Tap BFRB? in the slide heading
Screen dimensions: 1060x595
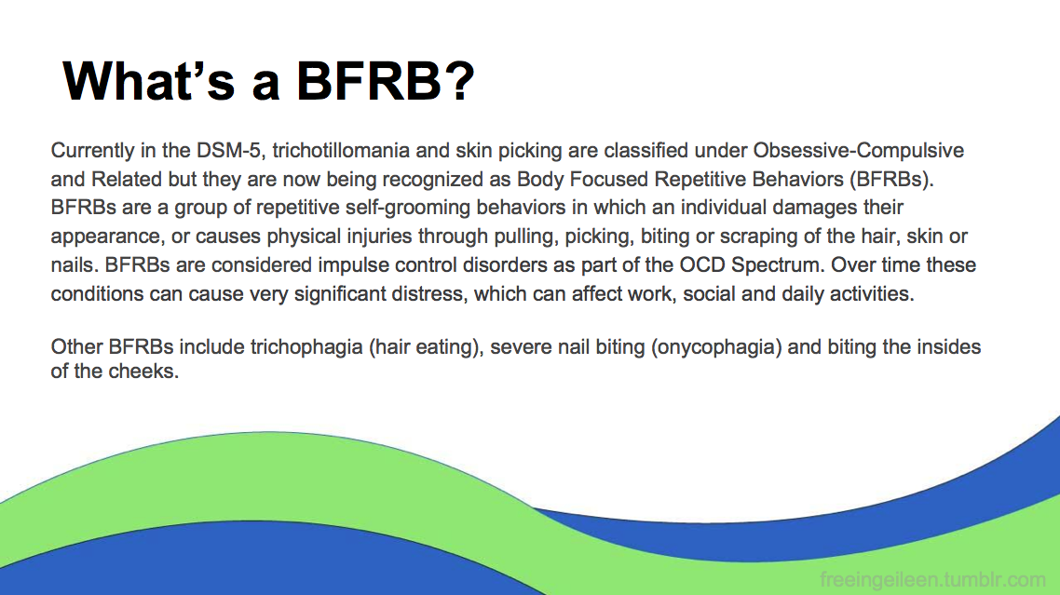pos(386,81)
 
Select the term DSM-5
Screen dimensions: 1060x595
pos(228,150)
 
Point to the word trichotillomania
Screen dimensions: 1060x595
pos(341,150)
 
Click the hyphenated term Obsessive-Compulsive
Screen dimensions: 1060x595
pos(859,150)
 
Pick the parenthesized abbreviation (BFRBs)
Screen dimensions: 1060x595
pos(891,179)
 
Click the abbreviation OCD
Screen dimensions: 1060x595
pos(701,264)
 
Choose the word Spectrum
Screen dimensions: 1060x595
pos(778,265)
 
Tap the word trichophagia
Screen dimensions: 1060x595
pos(306,347)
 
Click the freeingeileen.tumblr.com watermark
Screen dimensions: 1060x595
pos(933,579)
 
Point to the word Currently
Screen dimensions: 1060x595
pos(92,150)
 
